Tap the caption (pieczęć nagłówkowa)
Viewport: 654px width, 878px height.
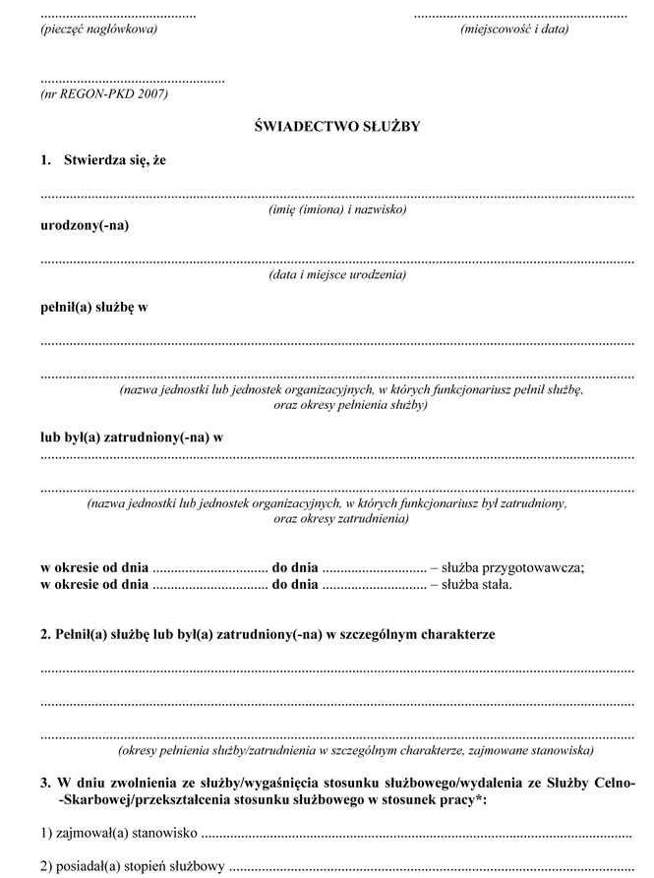coord(98,29)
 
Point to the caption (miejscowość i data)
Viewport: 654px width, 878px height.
coord(514,29)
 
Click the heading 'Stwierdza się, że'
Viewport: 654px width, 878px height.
coord(115,159)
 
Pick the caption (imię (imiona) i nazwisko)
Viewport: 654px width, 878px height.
coord(337,209)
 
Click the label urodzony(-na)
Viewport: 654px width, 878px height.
coord(85,225)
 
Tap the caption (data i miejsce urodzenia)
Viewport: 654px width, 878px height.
coord(337,275)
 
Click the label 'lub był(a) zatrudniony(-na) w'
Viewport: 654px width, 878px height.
coord(132,437)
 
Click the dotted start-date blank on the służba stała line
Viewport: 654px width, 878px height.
coord(209,586)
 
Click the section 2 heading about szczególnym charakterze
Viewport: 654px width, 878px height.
coord(268,634)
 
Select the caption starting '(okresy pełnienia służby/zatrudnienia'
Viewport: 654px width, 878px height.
coord(355,750)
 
